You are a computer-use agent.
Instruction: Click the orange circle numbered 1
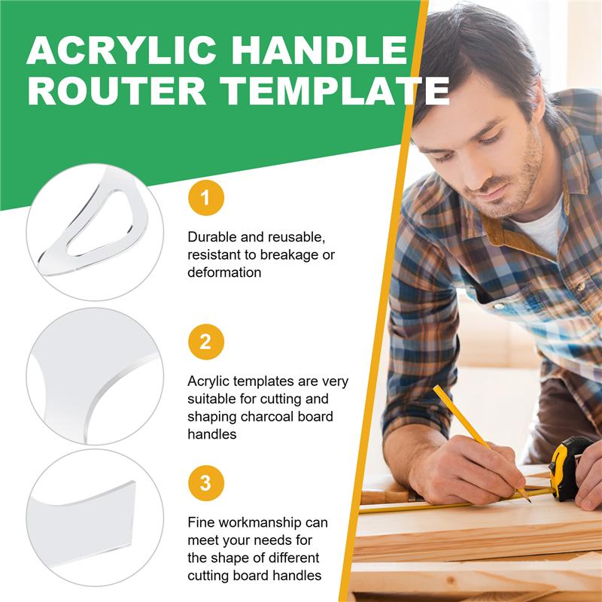coord(205,199)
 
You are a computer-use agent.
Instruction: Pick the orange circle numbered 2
coord(205,343)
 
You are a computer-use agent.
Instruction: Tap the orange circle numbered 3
coord(205,482)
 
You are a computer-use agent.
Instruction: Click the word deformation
coord(224,272)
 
